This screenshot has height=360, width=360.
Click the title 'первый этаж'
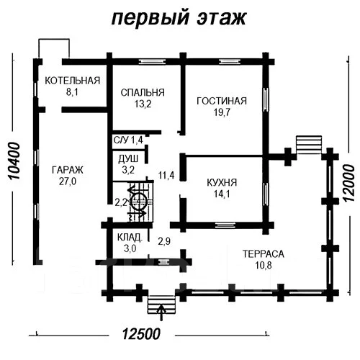pyautogui.click(x=179, y=19)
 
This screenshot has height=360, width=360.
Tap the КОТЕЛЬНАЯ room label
pyautogui.click(x=72, y=81)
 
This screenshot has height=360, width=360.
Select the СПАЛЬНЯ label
pyautogui.click(x=143, y=92)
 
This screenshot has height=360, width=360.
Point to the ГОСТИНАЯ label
pyautogui.click(x=222, y=101)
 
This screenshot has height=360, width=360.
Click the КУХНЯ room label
pyautogui.click(x=222, y=183)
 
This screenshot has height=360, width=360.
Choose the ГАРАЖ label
pyautogui.click(x=68, y=170)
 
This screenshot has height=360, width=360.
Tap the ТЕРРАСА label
pyautogui.click(x=264, y=254)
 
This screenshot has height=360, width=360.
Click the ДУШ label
pyautogui.click(x=128, y=159)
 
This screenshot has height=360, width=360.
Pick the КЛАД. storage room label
pyautogui.click(x=130, y=238)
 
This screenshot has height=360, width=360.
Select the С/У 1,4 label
pyautogui.click(x=128, y=140)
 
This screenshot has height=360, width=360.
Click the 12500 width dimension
pyautogui.click(x=141, y=334)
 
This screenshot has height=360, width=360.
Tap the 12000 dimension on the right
pyautogui.click(x=348, y=183)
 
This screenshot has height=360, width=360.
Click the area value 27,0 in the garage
pyautogui.click(x=68, y=181)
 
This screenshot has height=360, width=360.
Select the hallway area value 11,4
pyautogui.click(x=166, y=175)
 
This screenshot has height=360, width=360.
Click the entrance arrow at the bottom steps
pyautogui.click(x=162, y=312)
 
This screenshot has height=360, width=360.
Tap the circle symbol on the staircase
pyautogui.click(x=140, y=202)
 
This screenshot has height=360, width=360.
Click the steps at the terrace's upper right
pyautogui.click(x=309, y=145)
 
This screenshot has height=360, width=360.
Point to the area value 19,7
pyautogui.click(x=222, y=112)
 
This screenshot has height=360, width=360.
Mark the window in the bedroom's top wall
pyautogui.click(x=153, y=62)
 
